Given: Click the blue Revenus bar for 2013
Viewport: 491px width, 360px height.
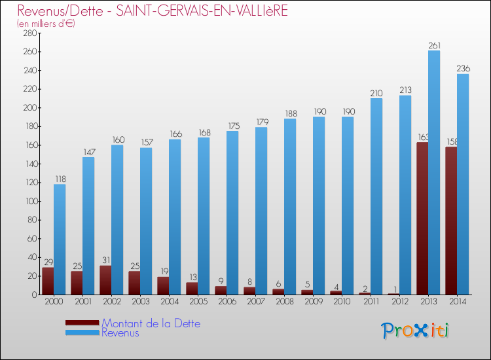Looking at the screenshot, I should click(434, 173).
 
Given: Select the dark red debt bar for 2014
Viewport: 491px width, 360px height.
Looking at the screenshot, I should click(451, 221).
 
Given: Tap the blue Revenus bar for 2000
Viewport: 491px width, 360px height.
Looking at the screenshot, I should click(60, 240).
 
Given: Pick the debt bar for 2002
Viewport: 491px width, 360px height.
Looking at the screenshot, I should click(105, 280).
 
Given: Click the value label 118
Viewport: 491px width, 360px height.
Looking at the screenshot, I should click(60, 179).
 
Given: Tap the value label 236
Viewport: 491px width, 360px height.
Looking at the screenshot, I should click(463, 69).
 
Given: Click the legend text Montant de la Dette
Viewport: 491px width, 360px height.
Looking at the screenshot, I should click(151, 323).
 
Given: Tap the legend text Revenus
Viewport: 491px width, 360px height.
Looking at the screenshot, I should click(120, 333).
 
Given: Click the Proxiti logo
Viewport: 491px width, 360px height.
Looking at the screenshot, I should click(416, 331).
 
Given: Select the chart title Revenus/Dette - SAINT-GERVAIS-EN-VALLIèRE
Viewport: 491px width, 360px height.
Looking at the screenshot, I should click(143, 11).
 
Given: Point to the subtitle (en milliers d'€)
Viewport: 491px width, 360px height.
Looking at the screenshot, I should click(46, 24).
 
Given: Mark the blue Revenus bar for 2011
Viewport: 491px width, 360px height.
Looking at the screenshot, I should click(376, 196).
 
